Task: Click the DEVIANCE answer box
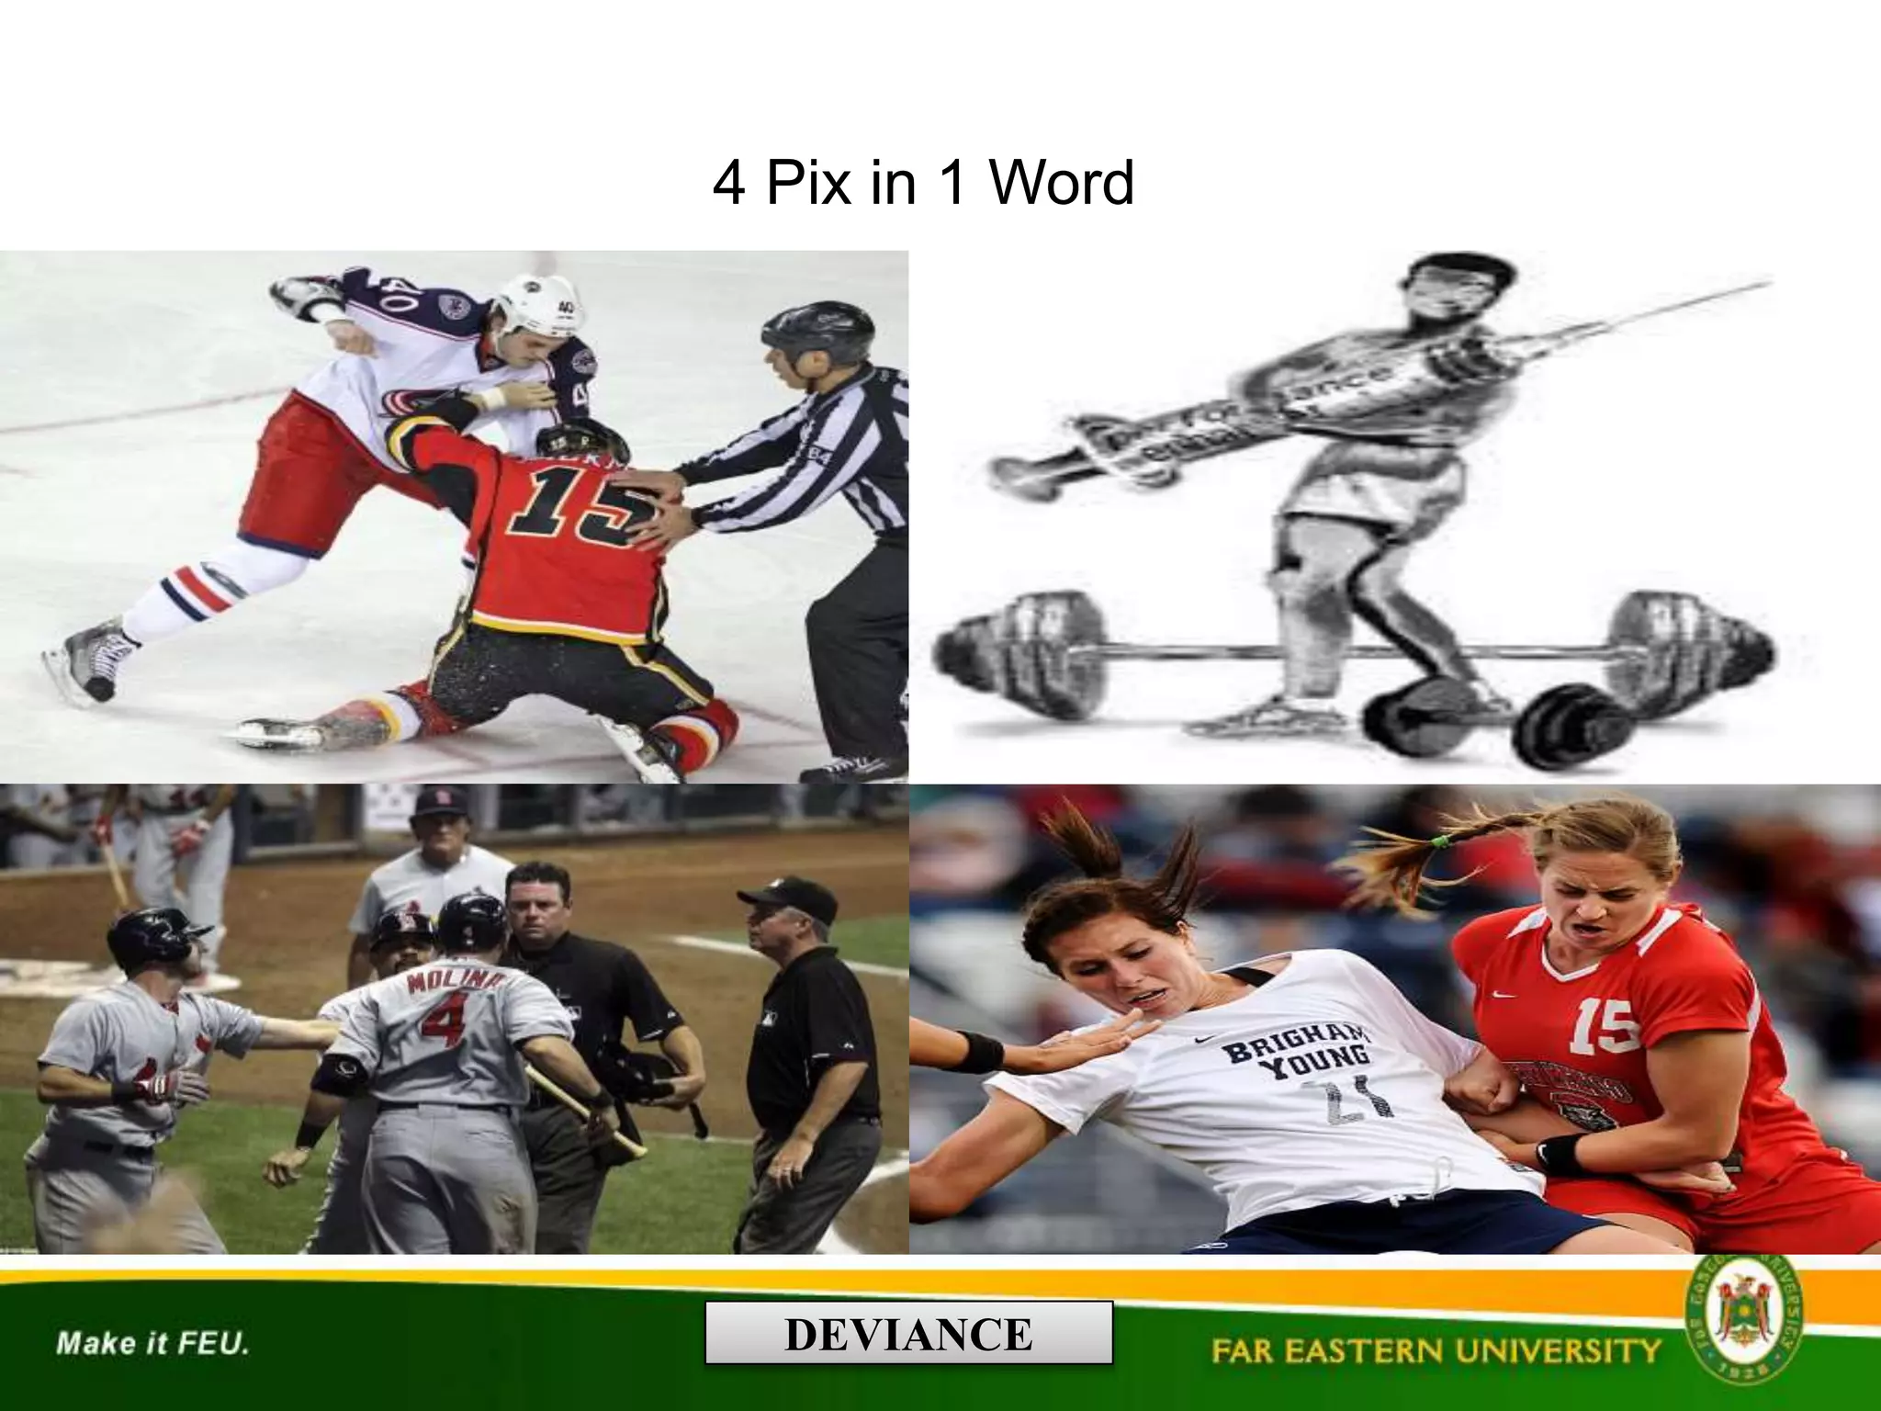pyautogui.click(x=908, y=1333)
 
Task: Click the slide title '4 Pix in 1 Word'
pyautogui.click(x=923, y=183)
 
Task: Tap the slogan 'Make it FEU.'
pyautogui.click(x=152, y=1344)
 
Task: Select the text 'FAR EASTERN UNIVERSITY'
pyautogui.click(x=1436, y=1350)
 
